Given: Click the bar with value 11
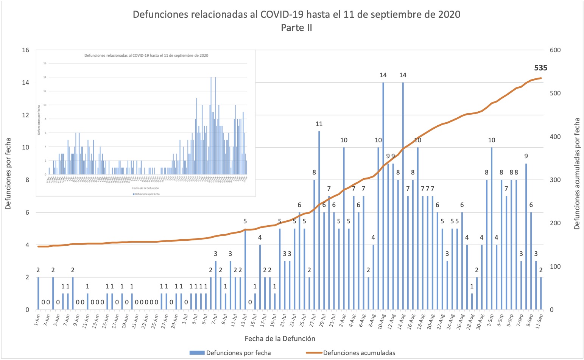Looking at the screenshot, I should [x=319, y=220].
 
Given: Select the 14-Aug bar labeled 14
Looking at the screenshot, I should [x=403, y=197].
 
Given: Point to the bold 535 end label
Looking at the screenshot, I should [x=540, y=68].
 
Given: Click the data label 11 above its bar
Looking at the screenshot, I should [x=319, y=124].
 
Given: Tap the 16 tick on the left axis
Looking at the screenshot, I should [x=25, y=50].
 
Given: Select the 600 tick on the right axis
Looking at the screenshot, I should [x=555, y=50].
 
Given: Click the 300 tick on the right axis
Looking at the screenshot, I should [x=555, y=180].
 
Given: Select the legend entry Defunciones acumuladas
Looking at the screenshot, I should [x=359, y=353].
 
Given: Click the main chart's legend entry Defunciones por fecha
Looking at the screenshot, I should [x=238, y=353].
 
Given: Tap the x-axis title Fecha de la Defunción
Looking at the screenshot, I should [x=280, y=338].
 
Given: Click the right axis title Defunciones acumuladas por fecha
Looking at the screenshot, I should [x=577, y=174].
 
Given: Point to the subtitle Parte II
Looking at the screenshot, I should [x=296, y=28].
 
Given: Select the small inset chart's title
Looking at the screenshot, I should [x=146, y=56].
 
